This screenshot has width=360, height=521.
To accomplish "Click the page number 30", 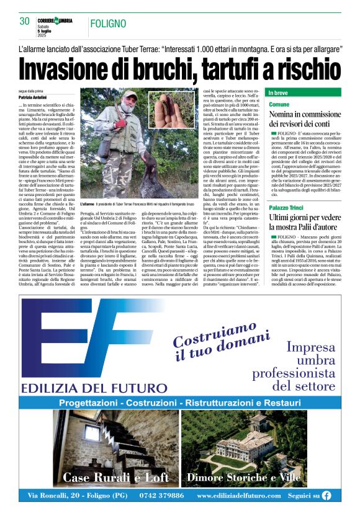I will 25,20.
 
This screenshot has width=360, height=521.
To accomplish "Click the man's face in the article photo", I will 129,99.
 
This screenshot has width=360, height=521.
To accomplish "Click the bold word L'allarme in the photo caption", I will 88,204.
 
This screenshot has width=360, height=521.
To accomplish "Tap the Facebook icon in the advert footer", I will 326,496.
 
